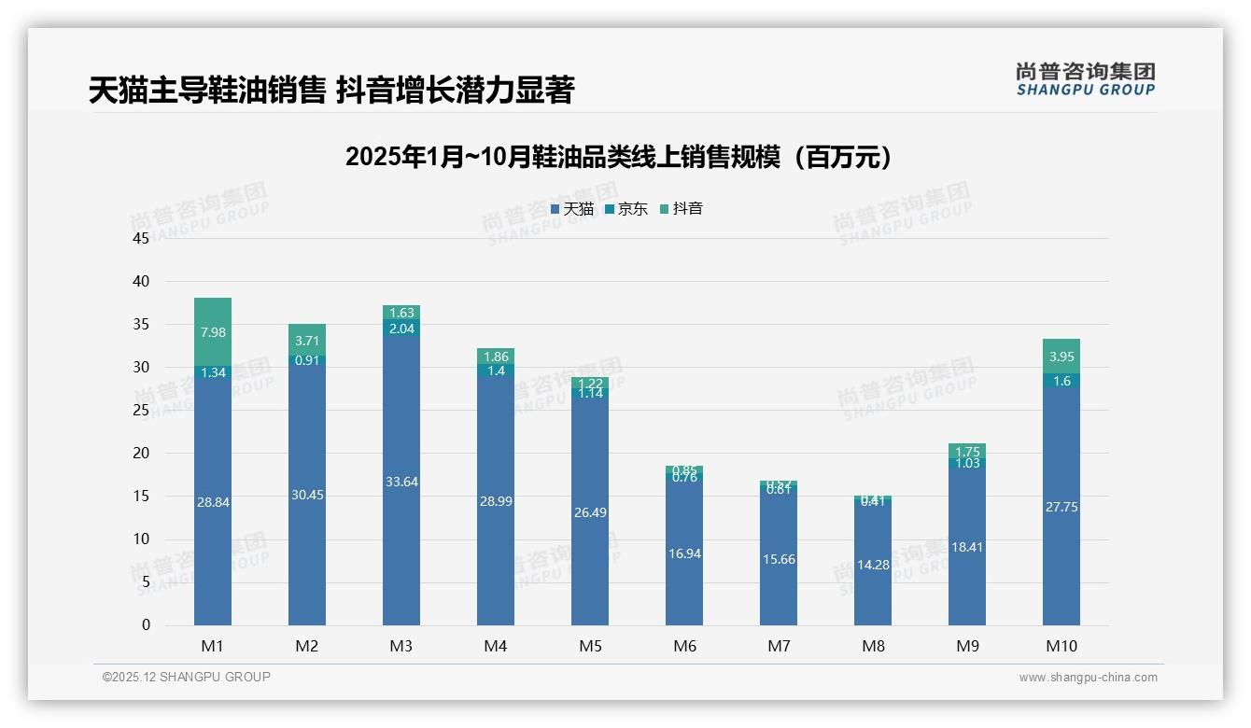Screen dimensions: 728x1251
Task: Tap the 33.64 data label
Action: tap(401, 482)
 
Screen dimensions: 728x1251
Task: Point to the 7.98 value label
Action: tap(213, 332)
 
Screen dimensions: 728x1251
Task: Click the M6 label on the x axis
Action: tap(684, 646)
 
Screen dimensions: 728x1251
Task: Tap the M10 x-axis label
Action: tap(1061, 646)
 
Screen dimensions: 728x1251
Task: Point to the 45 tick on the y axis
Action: tap(141, 238)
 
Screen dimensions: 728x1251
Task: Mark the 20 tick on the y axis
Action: tap(141, 454)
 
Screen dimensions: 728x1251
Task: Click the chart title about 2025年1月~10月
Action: tap(618, 157)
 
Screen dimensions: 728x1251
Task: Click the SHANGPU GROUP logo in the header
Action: tap(1085, 79)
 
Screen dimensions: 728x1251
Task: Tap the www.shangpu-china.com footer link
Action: tap(1088, 678)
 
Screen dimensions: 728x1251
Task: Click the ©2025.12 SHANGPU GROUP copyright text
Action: tap(187, 677)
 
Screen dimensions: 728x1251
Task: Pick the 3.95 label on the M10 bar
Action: tap(1061, 357)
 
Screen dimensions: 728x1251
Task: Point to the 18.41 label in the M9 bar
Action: tap(967, 547)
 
